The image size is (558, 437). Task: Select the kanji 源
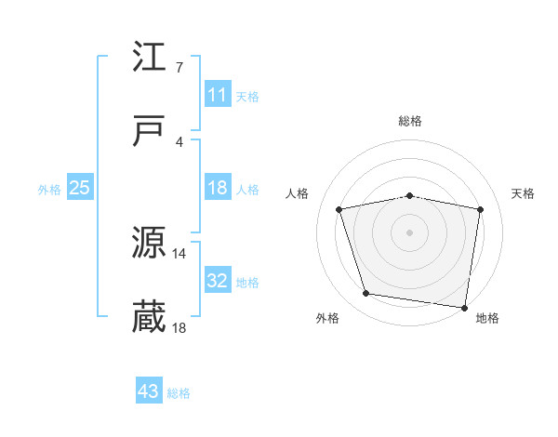pos(150,244)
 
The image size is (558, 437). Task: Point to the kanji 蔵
pos(150,317)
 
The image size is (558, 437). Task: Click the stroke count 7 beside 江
pos(179,67)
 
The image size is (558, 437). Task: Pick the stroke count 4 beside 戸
pos(179,141)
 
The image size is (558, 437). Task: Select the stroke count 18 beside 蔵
pos(179,327)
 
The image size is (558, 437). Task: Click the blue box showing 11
pos(218,95)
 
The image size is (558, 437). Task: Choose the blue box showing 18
pos(218,188)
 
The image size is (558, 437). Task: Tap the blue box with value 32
pos(218,281)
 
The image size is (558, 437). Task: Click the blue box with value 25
pos(80,188)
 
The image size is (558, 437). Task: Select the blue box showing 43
pos(149,392)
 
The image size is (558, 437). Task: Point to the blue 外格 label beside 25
pos(49,189)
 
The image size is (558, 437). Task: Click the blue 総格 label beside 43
pos(179,393)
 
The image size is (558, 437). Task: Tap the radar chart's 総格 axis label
pos(410,121)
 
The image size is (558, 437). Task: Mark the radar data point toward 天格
pos(481,209)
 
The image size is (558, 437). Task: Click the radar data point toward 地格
pos(463,307)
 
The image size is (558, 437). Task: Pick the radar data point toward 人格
pos(339,209)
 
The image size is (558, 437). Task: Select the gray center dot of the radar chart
pos(410,232)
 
